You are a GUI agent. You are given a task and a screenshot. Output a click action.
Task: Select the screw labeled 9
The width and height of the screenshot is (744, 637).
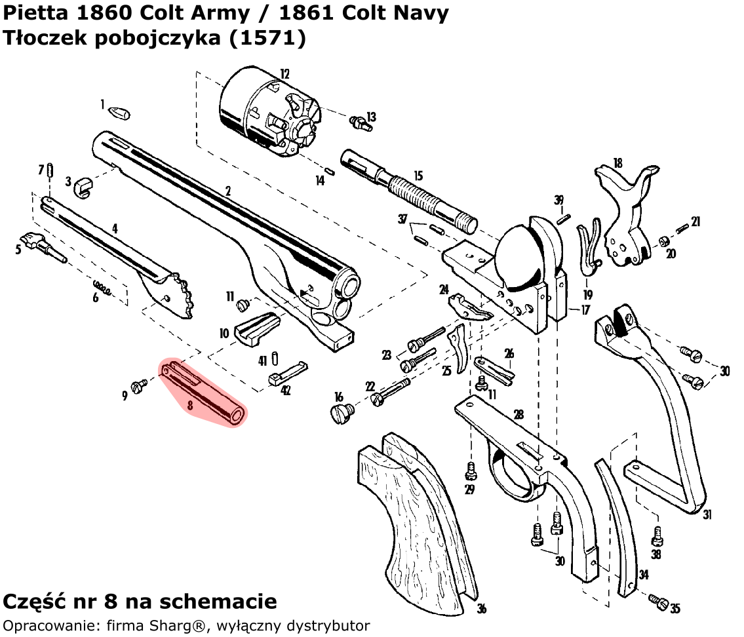point(139,387)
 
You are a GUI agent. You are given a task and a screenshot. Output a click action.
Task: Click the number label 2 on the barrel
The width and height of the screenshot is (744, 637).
point(227,191)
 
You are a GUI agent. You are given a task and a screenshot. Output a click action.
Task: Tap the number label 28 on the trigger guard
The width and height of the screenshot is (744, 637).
point(519,414)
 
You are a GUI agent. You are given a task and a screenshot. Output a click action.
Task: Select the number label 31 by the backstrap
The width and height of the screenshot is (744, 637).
point(707,515)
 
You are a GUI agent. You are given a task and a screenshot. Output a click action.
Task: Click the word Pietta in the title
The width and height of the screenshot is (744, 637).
point(35,13)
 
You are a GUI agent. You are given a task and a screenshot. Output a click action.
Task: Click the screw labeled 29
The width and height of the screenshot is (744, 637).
point(470,470)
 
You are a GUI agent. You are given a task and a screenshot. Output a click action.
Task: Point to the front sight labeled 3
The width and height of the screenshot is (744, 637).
point(83,185)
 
